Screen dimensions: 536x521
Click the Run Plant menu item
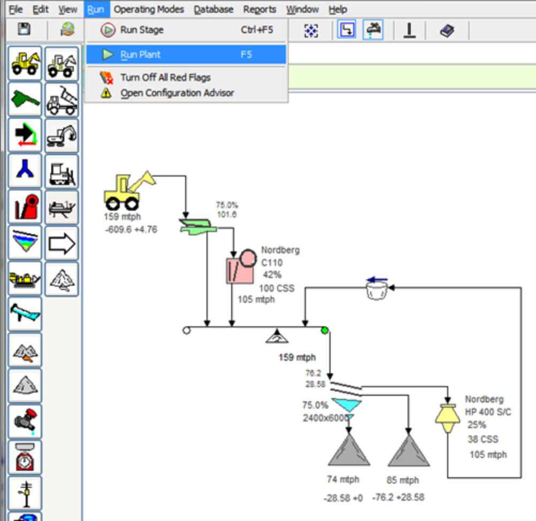[186, 55]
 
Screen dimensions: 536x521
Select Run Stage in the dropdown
[186, 30]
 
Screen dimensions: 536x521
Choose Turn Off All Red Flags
[165, 78]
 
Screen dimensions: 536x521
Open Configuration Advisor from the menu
[177, 93]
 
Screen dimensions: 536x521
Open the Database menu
[213, 9]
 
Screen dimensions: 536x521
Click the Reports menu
[259, 9]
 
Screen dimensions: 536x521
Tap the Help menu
[338, 9]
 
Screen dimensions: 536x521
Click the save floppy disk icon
[24, 29]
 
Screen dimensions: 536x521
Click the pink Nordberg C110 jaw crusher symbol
[241, 266]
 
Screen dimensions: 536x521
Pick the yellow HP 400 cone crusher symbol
[447, 418]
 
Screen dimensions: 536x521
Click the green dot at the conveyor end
[324, 330]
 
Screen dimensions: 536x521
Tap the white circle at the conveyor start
[186, 331]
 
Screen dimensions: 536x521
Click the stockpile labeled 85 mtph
[409, 450]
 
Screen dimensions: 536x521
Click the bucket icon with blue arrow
[377, 288]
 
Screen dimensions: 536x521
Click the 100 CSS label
[277, 288]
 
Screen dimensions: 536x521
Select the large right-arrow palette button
[62, 244]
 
